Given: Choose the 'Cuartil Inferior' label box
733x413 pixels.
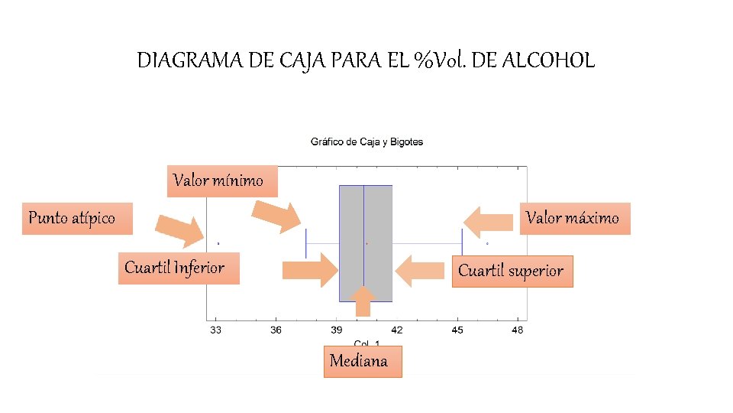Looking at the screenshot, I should click(179, 268).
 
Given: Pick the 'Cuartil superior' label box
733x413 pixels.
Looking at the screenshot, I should click(512, 271).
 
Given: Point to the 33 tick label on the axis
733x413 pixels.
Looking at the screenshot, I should click(215, 330).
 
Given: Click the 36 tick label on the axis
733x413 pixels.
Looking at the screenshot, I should click(276, 330).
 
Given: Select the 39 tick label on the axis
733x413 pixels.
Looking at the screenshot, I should click(336, 330).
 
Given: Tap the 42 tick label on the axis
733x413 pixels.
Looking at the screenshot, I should click(396, 330).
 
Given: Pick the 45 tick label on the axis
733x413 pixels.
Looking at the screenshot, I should click(457, 330).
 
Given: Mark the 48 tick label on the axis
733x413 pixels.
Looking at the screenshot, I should click(517, 330).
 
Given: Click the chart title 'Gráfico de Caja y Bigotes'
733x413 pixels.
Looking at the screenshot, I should click(366, 141).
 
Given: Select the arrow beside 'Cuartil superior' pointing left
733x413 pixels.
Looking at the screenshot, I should click(419, 270).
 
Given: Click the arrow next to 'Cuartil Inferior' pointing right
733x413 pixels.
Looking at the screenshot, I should click(310, 270).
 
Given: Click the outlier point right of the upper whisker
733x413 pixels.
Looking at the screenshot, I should click(487, 244).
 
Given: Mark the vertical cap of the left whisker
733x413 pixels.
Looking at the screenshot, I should click(305, 243).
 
